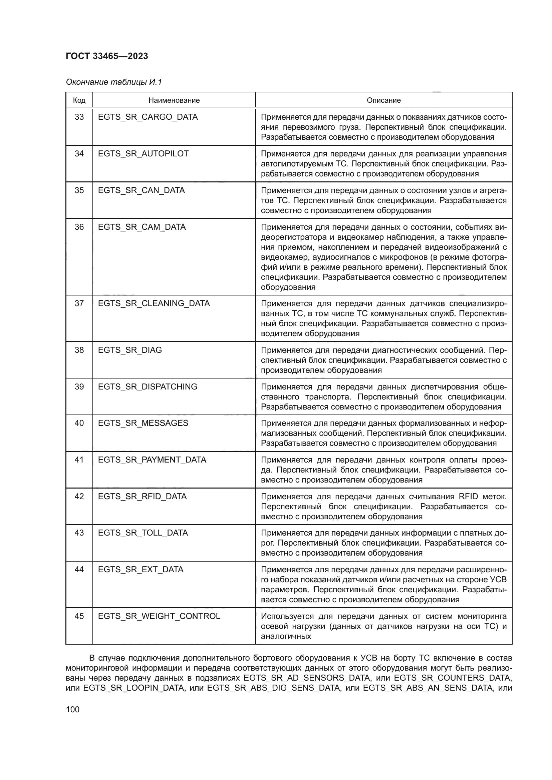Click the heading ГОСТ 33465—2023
click(107, 56)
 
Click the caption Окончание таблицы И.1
click(114, 82)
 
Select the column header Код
click(79, 101)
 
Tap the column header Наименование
click(174, 101)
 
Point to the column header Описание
click(383, 101)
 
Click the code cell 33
click(79, 117)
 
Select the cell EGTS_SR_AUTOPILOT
click(143, 153)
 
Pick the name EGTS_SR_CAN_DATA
click(142, 190)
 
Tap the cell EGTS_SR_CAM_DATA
click(142, 227)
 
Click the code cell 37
click(79, 303)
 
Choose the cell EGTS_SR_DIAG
click(130, 350)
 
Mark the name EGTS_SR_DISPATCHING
click(148, 386)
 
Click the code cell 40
click(79, 423)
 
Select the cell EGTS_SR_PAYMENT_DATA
click(152, 460)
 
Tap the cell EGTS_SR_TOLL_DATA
click(143, 533)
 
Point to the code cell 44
click(79, 569)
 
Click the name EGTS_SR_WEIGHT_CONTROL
click(159, 616)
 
